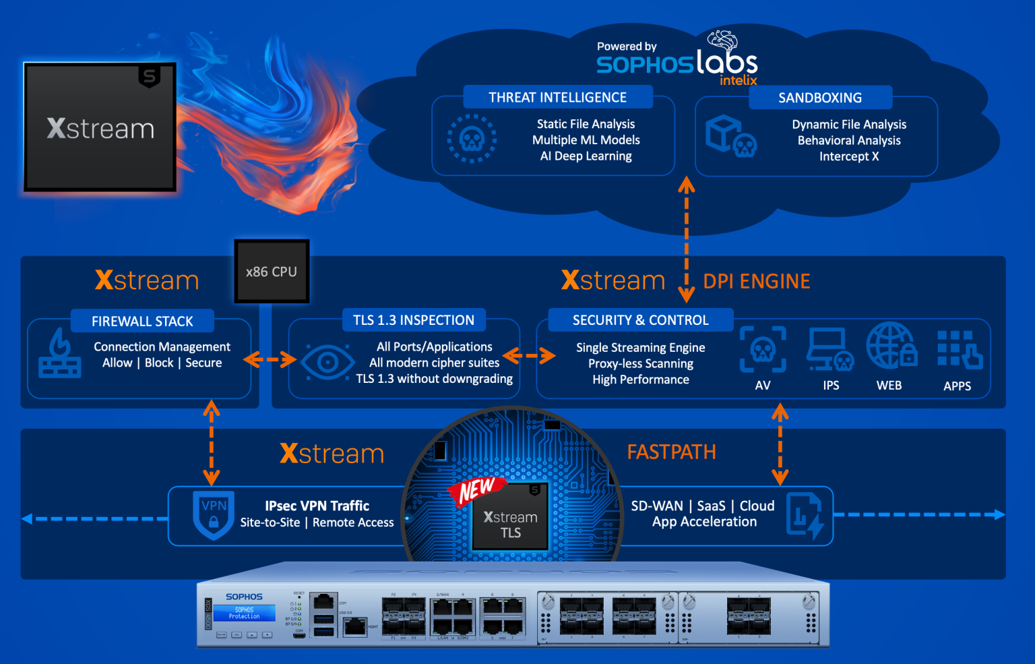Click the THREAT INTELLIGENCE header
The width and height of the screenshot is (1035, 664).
tap(557, 97)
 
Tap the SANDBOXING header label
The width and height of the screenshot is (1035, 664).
tap(820, 98)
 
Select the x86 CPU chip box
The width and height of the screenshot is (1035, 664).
tap(272, 272)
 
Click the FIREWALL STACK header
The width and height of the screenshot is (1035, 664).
tap(142, 322)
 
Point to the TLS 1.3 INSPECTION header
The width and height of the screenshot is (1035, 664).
tap(414, 320)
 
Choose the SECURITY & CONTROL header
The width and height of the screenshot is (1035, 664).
tap(640, 320)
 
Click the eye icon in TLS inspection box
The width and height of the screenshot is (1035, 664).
tap(327, 363)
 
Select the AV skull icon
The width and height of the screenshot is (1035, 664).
tap(763, 349)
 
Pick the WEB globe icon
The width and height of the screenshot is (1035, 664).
tap(891, 346)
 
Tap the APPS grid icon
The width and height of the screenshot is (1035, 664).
tap(959, 349)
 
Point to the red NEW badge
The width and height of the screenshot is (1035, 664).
tap(476, 490)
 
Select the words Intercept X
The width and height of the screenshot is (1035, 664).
tap(849, 156)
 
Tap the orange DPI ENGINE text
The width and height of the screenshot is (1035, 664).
tap(757, 281)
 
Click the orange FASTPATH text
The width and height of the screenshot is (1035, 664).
tap(671, 452)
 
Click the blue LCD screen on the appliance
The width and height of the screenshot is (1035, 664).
tap(245, 613)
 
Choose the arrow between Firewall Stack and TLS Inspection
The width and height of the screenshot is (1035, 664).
tap(270, 360)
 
